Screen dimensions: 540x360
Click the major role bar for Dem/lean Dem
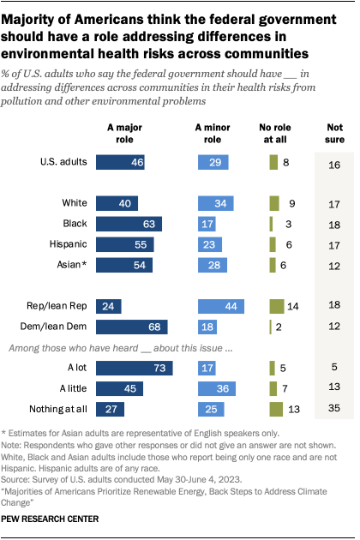(x=131, y=327)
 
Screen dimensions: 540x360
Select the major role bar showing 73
(x=134, y=369)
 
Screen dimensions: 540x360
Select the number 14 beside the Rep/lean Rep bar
(x=294, y=306)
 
